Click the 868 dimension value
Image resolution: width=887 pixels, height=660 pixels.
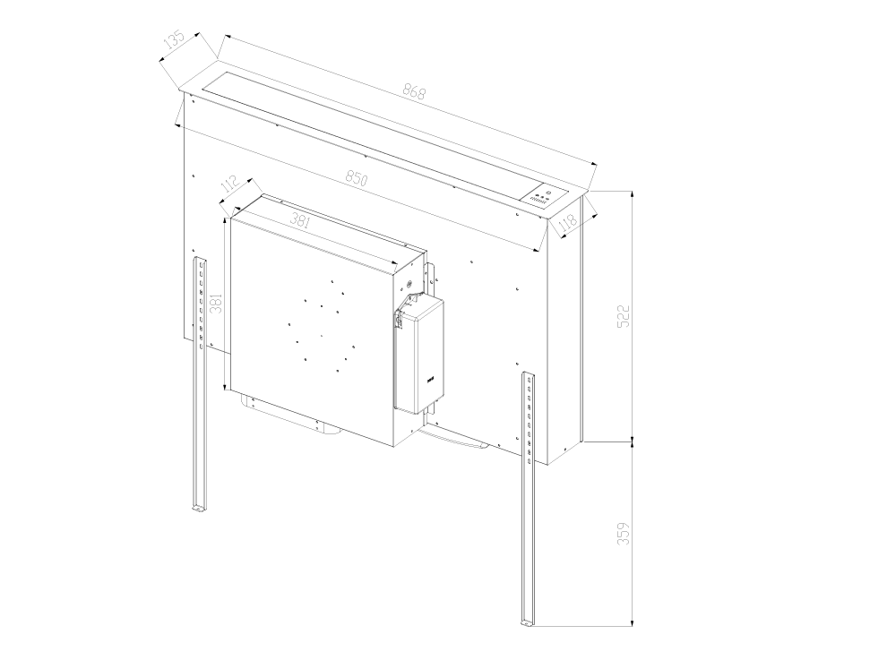(413, 91)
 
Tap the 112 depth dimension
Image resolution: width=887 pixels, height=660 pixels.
(229, 184)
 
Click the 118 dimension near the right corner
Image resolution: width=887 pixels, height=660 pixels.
(566, 224)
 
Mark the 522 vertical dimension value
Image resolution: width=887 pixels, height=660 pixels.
(624, 316)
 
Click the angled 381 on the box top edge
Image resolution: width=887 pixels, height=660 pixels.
(301, 222)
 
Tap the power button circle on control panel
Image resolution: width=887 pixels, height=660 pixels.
(548, 191)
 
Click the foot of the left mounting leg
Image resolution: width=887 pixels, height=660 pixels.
(198, 509)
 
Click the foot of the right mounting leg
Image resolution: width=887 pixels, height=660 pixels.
(527, 620)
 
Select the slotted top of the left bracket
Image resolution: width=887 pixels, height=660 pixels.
(200, 265)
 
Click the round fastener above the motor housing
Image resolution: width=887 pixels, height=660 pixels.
(410, 286)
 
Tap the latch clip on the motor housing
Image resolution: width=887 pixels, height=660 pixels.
(399, 319)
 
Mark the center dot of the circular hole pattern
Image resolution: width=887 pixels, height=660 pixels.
(320, 336)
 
